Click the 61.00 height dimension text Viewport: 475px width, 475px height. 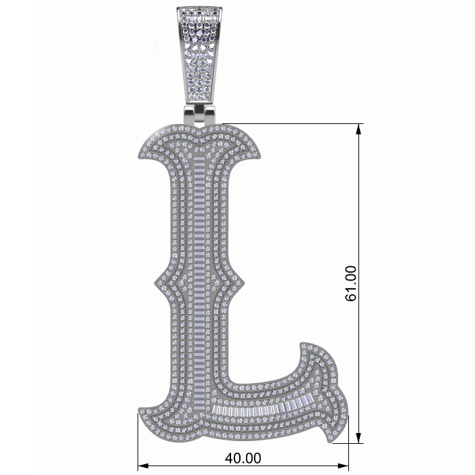click(x=351, y=283)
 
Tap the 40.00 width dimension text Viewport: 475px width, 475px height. click(x=243, y=458)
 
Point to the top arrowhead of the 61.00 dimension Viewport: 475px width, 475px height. click(x=358, y=129)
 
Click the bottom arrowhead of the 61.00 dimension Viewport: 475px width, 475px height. click(x=358, y=438)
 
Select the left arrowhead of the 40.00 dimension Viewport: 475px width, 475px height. click(x=143, y=466)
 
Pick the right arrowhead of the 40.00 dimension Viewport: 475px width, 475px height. click(x=344, y=466)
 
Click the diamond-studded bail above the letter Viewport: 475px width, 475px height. click(x=199, y=54)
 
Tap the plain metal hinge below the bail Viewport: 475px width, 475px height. click(x=199, y=115)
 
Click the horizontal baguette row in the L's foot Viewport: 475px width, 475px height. click(x=263, y=408)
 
